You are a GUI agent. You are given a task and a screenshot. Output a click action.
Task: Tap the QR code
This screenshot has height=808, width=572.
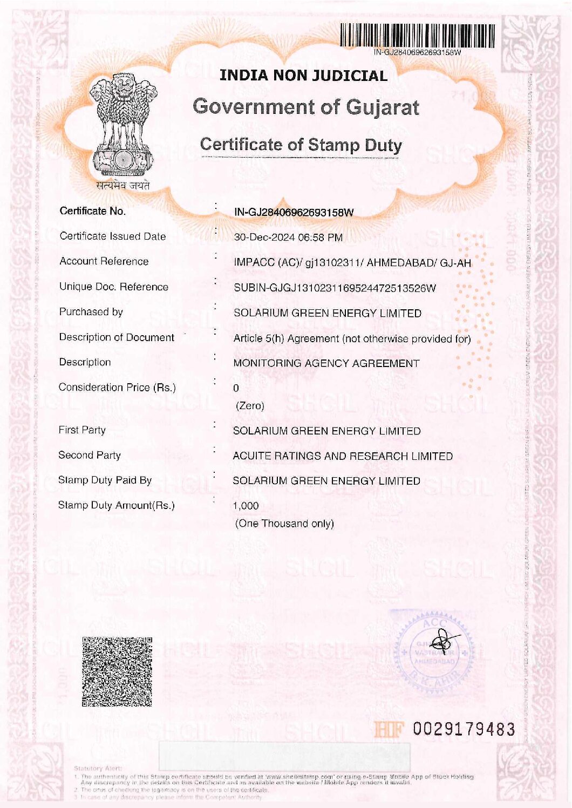pyautogui.click(x=117, y=671)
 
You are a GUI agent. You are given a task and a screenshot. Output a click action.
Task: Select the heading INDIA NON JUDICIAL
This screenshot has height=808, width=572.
pyautogui.click(x=303, y=76)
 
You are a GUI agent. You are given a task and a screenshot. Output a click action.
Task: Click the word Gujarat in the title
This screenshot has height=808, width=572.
pyautogui.click(x=383, y=107)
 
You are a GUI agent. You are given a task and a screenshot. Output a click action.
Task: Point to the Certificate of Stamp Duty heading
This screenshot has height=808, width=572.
pyautogui.click(x=301, y=145)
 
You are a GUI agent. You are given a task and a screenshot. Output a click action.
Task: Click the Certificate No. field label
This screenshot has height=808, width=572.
pyautogui.click(x=93, y=211)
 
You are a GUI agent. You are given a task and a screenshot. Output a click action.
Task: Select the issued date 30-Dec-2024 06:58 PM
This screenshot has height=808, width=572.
pyautogui.click(x=288, y=237)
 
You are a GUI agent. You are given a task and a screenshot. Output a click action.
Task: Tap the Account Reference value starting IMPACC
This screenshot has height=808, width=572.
pyautogui.click(x=352, y=263)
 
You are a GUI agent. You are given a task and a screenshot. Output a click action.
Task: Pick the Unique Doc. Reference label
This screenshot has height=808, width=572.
pyautogui.click(x=114, y=287)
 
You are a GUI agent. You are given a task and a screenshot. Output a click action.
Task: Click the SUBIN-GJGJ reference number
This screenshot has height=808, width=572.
pyautogui.click(x=335, y=288)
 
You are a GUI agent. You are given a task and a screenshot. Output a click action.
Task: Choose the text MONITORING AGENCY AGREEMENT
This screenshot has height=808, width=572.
pyautogui.click(x=326, y=363)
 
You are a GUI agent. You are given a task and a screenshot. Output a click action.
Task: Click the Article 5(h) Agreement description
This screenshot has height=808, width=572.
pyautogui.click(x=352, y=339)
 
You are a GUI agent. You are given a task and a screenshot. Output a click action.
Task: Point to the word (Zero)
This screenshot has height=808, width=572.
pyautogui.click(x=250, y=406)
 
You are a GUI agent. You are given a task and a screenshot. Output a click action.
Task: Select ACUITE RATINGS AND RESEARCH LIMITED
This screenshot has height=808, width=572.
pyautogui.click(x=343, y=456)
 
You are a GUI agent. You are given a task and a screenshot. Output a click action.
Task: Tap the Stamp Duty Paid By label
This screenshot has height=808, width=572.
pyautogui.click(x=105, y=480)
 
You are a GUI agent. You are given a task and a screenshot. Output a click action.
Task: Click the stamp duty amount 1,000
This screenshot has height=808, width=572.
pyautogui.click(x=246, y=506)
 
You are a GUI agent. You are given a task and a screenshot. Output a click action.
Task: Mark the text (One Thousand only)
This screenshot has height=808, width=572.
pyautogui.click(x=284, y=524)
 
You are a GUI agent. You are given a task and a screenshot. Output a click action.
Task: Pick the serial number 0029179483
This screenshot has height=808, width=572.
pyautogui.click(x=464, y=729)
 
